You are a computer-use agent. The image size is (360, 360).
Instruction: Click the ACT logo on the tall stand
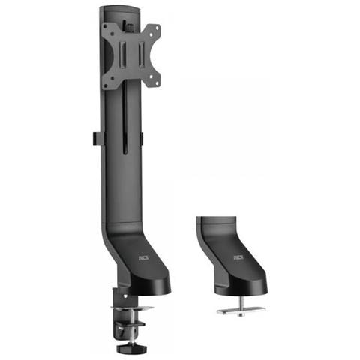click(144, 255)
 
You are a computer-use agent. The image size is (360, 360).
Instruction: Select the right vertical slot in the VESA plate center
click(142, 55)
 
